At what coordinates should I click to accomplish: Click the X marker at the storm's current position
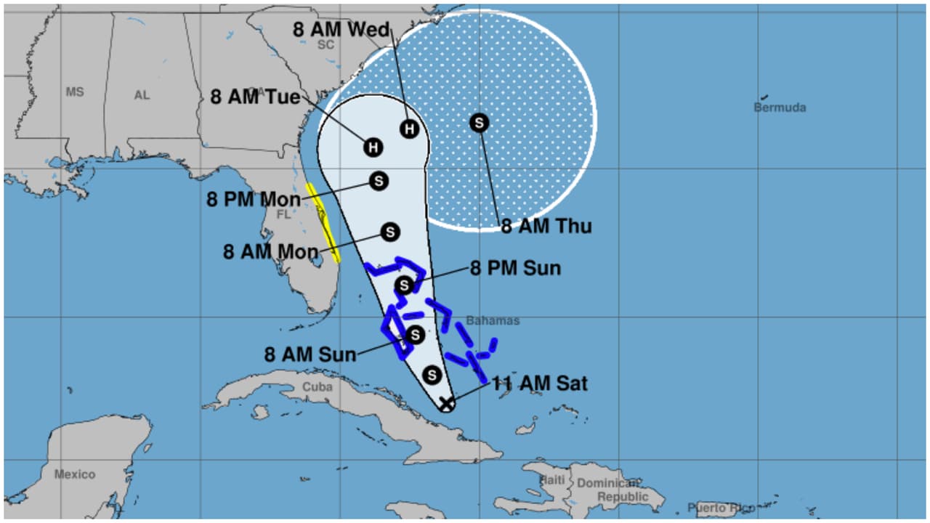pos(447,403)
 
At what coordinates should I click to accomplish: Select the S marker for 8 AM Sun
pos(415,335)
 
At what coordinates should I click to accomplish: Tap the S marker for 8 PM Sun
pos(405,285)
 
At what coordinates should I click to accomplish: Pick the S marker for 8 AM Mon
pos(390,232)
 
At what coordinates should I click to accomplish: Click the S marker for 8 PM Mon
pos(379,181)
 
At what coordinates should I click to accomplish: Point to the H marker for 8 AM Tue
pos(373,147)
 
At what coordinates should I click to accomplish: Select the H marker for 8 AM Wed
pos(410,129)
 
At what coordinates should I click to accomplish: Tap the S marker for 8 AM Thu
pos(479,123)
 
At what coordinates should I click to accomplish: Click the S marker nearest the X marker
pos(432,375)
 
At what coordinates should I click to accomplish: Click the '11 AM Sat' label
pos(540,383)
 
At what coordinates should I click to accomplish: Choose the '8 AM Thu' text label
pos(546,226)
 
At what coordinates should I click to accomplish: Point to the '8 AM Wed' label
pos(341,30)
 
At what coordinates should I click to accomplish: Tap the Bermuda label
pos(780,108)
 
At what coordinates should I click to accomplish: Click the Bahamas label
pos(493,320)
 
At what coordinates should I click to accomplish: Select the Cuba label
pos(318,387)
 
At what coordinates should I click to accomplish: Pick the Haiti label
pos(552,480)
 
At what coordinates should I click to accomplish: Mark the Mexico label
pos(75,474)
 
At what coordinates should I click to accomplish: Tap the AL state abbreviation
pos(142,95)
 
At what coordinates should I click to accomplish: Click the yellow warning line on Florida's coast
pos(323,222)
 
